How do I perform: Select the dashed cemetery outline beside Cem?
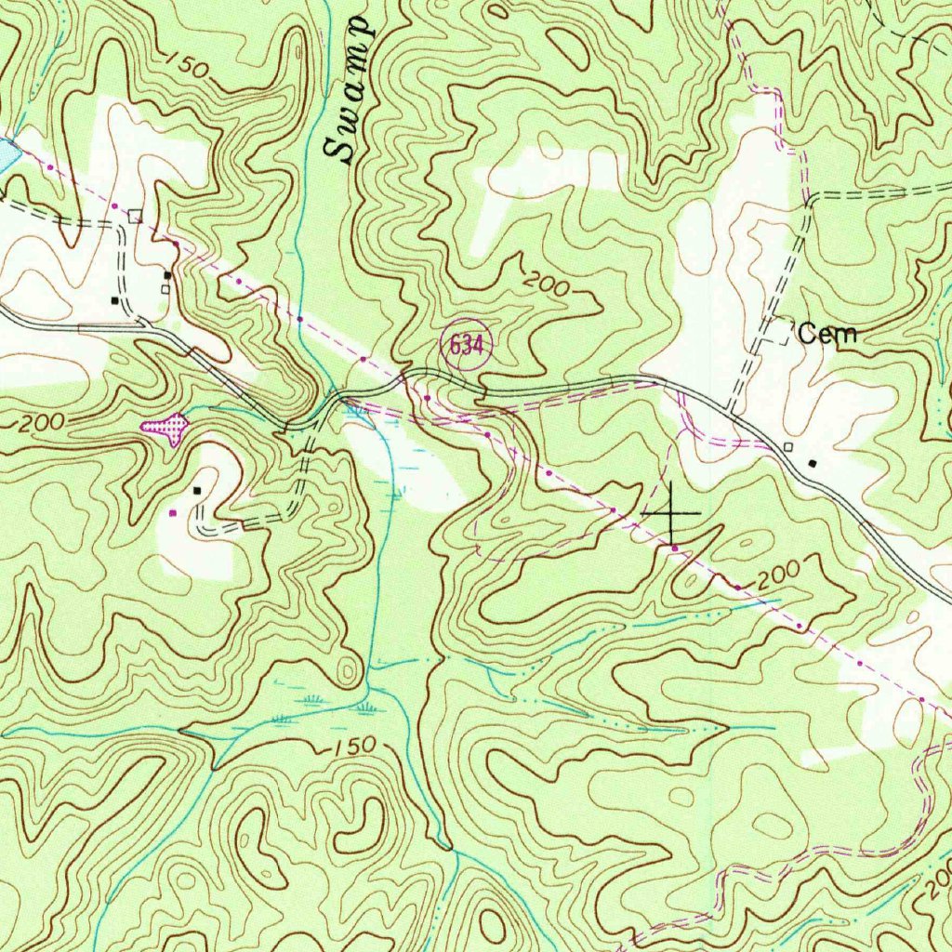point(779,333)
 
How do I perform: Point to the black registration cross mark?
point(672,512)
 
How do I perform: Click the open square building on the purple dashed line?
point(136,216)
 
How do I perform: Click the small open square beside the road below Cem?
point(788,447)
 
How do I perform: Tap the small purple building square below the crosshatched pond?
point(173,512)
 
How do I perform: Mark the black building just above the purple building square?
point(196,490)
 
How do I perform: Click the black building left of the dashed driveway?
point(115,299)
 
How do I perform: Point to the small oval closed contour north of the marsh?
point(348,670)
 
